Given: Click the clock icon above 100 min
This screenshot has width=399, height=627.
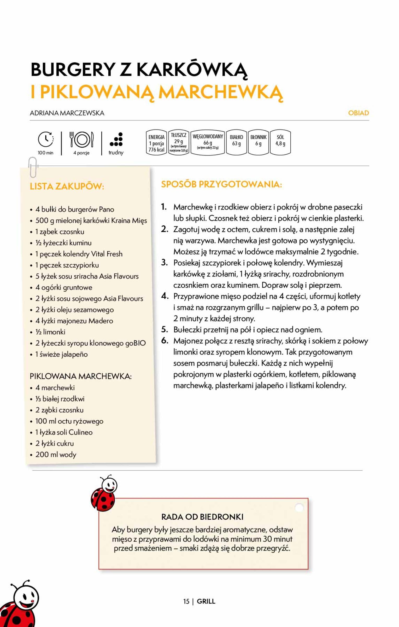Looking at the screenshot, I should [x=46, y=139].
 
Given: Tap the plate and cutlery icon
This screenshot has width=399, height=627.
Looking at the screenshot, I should [x=81, y=140].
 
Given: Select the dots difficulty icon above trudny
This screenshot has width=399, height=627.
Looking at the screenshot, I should [x=116, y=139].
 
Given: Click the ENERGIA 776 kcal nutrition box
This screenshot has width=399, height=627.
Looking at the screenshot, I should [x=156, y=143].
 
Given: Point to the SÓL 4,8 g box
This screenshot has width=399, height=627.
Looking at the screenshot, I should [x=280, y=142].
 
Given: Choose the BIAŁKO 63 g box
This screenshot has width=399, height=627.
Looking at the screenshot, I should [x=236, y=142].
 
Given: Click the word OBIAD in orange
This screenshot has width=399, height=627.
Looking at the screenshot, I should [x=358, y=113].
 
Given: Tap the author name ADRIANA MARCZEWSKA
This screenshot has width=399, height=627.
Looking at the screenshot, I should [x=67, y=113].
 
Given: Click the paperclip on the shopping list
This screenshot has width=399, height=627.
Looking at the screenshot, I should [x=33, y=167].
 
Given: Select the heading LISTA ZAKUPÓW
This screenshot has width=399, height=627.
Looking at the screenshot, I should [x=67, y=187].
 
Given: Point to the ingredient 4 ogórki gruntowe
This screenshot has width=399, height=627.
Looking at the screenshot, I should [x=64, y=287].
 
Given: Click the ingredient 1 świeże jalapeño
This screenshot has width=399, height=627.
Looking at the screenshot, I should [x=62, y=354].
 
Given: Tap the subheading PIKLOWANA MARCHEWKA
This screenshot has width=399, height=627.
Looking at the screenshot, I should [x=81, y=376].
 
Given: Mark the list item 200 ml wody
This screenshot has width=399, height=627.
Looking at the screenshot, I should [x=56, y=455].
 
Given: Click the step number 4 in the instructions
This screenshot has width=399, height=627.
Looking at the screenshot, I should [x=165, y=296].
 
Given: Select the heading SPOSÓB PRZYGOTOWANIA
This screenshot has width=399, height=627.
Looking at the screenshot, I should [x=221, y=184].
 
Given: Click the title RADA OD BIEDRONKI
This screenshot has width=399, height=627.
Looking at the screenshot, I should [x=202, y=517].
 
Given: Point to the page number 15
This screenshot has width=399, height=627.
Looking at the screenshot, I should [x=186, y=601].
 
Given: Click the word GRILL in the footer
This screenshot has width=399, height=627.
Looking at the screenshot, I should [x=206, y=601].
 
